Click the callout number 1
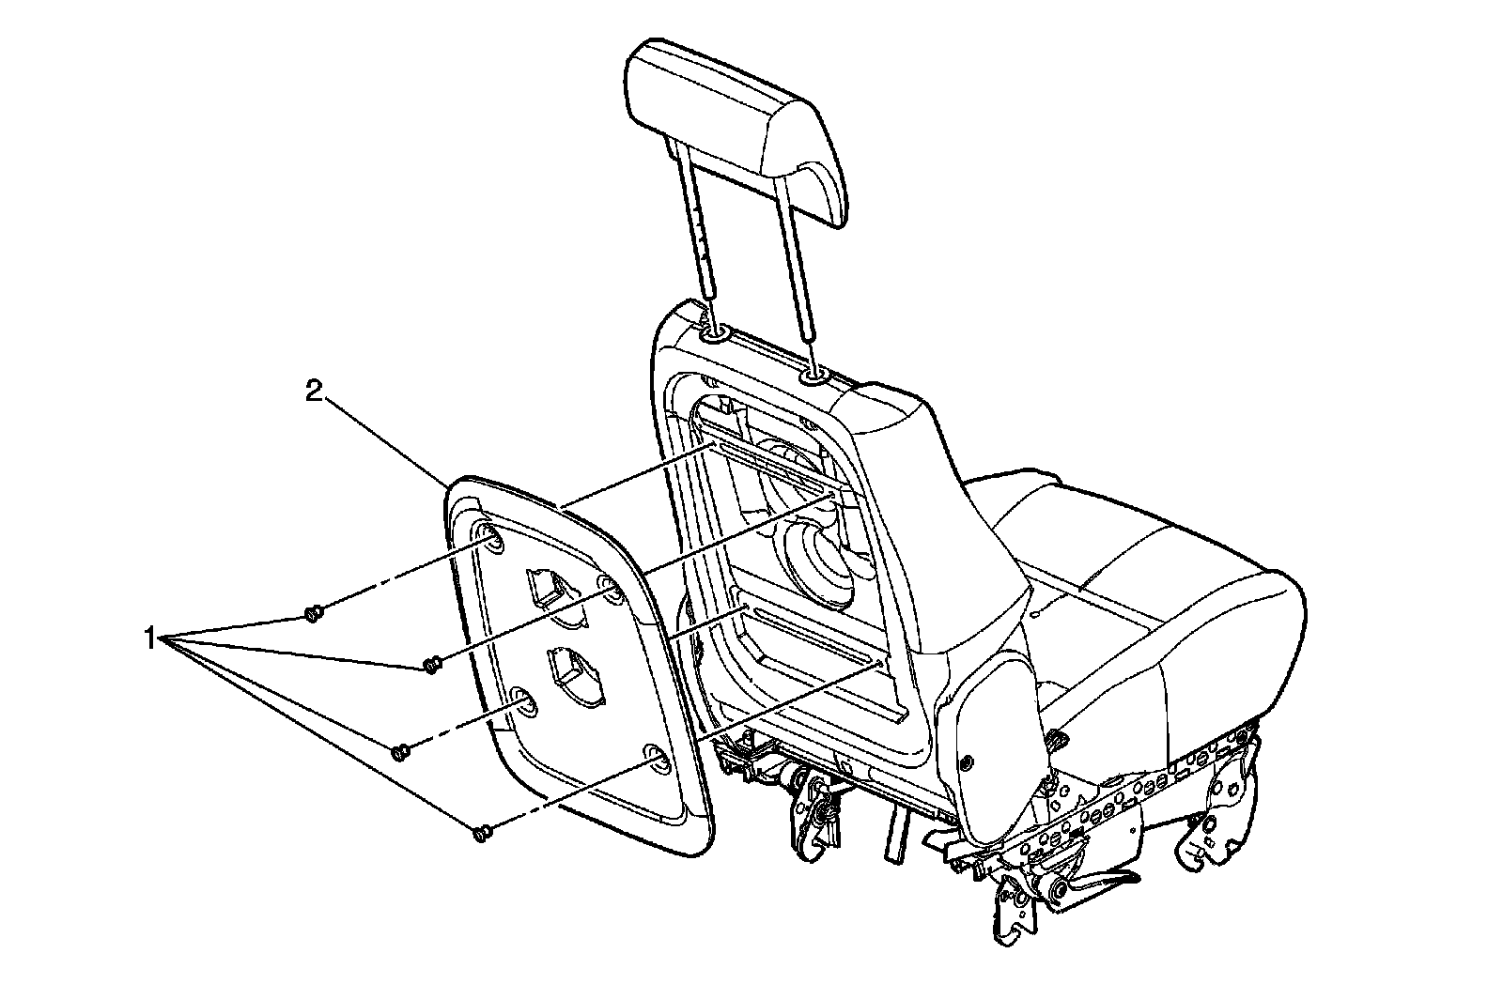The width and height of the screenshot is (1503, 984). coord(148,639)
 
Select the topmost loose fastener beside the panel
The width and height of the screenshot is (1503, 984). coord(314,614)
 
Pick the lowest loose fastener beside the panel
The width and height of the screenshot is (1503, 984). coord(482,833)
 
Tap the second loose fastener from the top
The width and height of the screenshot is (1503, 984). coord(431,666)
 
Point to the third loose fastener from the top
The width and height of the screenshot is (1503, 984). coord(399,751)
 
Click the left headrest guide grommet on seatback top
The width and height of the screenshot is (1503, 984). coord(712,333)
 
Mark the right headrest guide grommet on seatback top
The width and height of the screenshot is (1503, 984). coord(813,377)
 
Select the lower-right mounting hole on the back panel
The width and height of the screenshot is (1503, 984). coord(657,759)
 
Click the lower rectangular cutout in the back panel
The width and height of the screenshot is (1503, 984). coord(575,673)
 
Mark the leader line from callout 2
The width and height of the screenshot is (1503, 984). coord(385,436)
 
